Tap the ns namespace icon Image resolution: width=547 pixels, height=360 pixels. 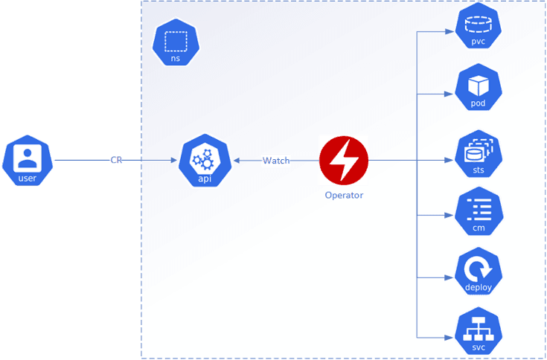click(x=176, y=44)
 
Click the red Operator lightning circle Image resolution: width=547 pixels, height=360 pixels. click(x=344, y=161)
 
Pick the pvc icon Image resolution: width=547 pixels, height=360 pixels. click(x=478, y=28)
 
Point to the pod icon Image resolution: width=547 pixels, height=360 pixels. click(x=478, y=91)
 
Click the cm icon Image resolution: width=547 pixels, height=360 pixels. click(x=478, y=213)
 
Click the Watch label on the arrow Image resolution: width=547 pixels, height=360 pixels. click(x=275, y=161)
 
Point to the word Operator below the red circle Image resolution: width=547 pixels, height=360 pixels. click(x=344, y=196)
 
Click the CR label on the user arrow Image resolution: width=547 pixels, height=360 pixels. click(x=116, y=161)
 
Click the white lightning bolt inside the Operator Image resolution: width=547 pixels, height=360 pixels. click(x=344, y=161)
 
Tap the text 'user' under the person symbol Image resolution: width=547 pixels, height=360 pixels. click(x=27, y=179)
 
